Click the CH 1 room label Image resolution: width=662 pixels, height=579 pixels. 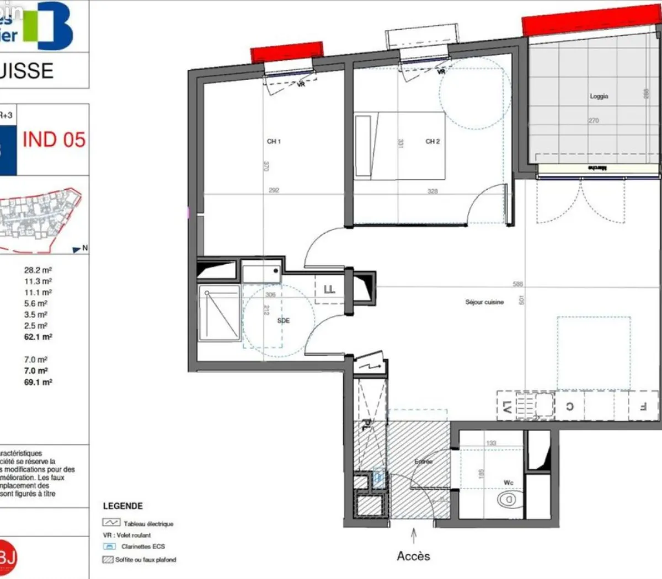274,142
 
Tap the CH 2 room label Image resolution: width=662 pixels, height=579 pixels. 433,142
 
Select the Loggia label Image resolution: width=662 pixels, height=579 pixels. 599,96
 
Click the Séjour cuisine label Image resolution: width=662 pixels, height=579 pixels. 484,302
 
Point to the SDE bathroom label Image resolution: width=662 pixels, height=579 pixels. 283,320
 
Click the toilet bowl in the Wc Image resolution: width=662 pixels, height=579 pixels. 507,500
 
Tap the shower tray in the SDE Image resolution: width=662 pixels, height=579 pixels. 220,313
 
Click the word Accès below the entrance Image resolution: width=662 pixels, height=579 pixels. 413,556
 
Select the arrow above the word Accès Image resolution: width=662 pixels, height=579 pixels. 414,535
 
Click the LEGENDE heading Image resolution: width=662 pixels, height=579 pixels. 122,506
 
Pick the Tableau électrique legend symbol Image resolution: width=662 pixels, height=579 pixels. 111,522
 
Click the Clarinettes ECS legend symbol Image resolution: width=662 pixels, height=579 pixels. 109,546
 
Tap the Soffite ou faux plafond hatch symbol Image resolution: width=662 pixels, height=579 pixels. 108,559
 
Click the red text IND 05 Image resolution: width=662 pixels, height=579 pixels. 54,140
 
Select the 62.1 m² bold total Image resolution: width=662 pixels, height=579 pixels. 38,336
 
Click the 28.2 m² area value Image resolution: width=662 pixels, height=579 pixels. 38,270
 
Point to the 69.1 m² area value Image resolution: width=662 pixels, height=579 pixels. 38,382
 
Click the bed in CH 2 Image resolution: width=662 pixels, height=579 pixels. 399,146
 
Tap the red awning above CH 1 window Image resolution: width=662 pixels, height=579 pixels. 287,52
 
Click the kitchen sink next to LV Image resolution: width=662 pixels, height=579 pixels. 543,406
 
